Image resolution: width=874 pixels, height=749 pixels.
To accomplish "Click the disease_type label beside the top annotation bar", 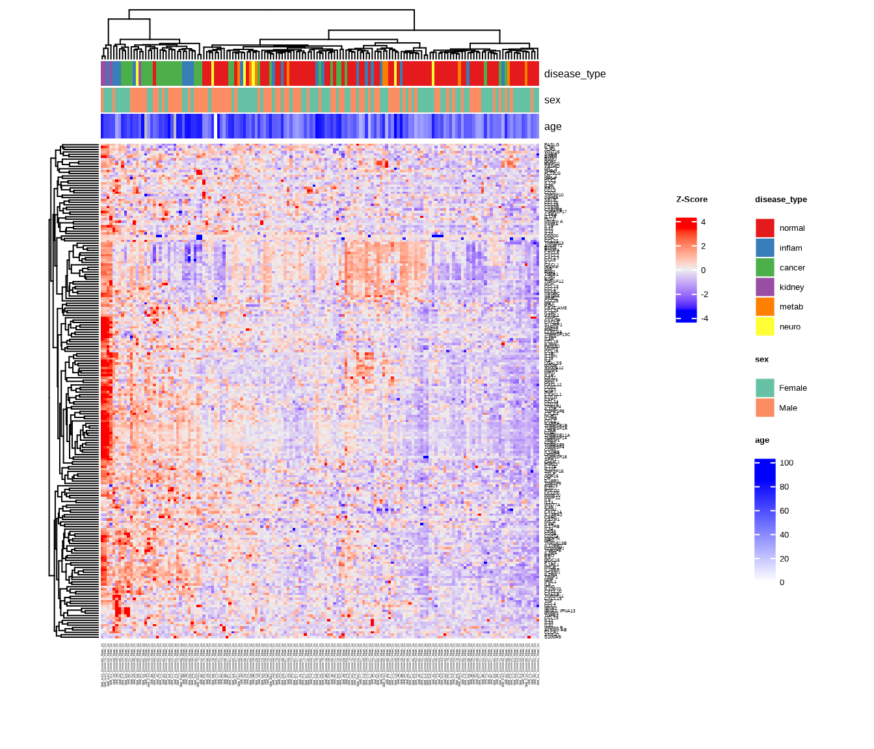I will (x=575, y=74).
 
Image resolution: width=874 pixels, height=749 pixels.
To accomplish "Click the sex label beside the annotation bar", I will (x=552, y=100).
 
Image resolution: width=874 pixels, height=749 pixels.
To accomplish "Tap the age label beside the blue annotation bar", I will (x=553, y=127).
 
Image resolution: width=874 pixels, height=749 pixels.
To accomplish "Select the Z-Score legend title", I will (x=692, y=200).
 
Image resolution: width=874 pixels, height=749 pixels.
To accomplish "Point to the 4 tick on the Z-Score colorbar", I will (x=703, y=222).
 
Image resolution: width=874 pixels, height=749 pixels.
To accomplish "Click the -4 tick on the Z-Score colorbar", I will (x=704, y=319).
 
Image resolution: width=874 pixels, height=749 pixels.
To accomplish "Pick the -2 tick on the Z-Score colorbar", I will (x=704, y=295).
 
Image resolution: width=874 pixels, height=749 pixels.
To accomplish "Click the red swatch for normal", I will (x=765, y=228).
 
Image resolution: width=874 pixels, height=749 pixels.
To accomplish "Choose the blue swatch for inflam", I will (x=765, y=248).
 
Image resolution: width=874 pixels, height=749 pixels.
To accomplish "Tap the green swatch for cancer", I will (x=765, y=267).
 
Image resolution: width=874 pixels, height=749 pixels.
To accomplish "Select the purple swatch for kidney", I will (x=765, y=287).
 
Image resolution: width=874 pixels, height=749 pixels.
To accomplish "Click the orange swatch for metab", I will (x=765, y=307).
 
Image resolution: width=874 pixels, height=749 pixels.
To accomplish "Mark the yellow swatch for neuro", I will (x=765, y=326).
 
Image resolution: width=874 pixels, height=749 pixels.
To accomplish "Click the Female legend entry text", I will (x=793, y=388).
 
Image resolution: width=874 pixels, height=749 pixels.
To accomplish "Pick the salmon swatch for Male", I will (x=765, y=408).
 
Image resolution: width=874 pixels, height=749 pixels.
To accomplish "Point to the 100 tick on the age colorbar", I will (x=786, y=463).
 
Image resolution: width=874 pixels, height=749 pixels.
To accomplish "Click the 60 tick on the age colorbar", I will (x=784, y=511).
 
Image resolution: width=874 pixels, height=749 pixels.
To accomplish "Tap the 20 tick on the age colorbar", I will (x=784, y=559).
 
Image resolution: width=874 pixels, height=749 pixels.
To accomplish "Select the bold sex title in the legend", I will (x=761, y=360).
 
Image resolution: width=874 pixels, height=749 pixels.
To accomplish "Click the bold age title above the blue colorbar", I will (x=762, y=440).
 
